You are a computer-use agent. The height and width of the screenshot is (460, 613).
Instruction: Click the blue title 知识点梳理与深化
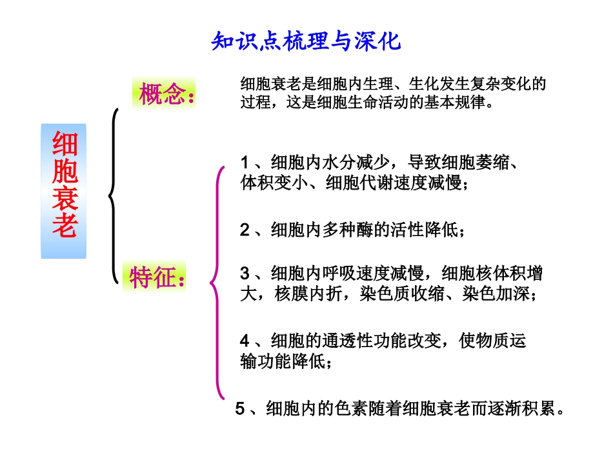(x=306, y=42)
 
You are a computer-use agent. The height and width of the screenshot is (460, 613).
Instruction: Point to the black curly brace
(x=115, y=195)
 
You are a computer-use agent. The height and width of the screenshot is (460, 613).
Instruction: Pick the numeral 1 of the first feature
(x=245, y=161)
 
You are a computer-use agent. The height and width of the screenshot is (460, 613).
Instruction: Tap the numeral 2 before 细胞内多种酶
(x=245, y=230)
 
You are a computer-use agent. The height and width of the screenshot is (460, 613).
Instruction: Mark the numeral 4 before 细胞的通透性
(x=245, y=340)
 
